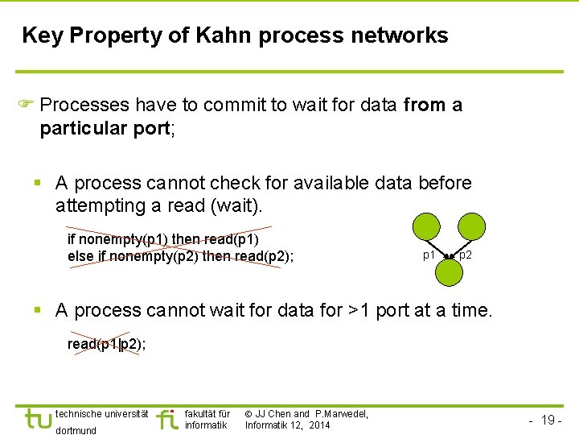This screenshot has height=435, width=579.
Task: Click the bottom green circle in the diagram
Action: point(450,273)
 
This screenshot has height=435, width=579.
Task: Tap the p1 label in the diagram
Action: point(429,255)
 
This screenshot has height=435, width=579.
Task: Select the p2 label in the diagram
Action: point(466,255)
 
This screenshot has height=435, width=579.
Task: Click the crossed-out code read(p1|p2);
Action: point(106,344)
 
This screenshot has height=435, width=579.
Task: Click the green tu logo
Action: point(38,419)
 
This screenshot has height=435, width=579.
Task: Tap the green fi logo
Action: point(166,419)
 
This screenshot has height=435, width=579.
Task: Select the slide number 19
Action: point(549,420)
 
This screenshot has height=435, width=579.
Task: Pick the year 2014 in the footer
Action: point(318,425)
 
